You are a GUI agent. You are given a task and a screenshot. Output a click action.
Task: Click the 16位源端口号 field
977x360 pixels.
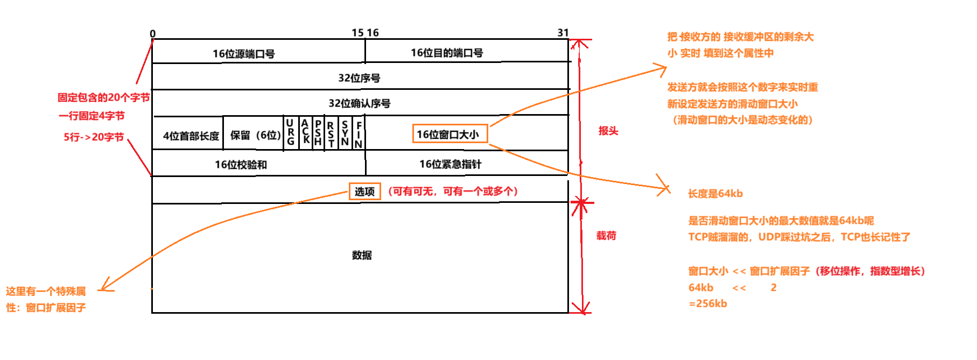243,54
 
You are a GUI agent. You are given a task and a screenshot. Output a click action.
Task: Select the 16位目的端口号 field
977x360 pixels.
447,53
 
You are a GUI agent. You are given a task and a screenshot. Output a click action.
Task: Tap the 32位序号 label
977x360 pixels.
359,78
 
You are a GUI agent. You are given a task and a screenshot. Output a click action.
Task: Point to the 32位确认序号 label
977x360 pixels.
359,103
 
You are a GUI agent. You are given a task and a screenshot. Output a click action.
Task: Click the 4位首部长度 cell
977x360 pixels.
191,136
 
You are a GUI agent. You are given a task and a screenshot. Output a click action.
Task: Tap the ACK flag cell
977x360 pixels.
305,132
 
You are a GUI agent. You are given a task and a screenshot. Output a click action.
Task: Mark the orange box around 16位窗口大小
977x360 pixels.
449,134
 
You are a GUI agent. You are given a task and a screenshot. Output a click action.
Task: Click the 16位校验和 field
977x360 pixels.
241,165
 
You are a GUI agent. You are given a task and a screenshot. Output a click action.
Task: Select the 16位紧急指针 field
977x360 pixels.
450,164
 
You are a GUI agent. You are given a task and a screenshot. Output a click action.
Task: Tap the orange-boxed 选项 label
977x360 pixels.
364,192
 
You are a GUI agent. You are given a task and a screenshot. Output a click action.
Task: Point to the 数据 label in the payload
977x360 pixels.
362,255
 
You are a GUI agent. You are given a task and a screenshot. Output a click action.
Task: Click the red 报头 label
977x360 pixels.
608,131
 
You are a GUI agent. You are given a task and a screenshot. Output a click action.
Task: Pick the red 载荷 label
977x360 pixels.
606,236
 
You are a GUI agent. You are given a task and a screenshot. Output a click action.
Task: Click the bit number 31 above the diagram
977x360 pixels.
563,33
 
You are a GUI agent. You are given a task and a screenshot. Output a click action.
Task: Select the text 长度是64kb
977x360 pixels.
715,194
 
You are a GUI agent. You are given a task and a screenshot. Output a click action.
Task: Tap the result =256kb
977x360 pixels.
708,303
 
